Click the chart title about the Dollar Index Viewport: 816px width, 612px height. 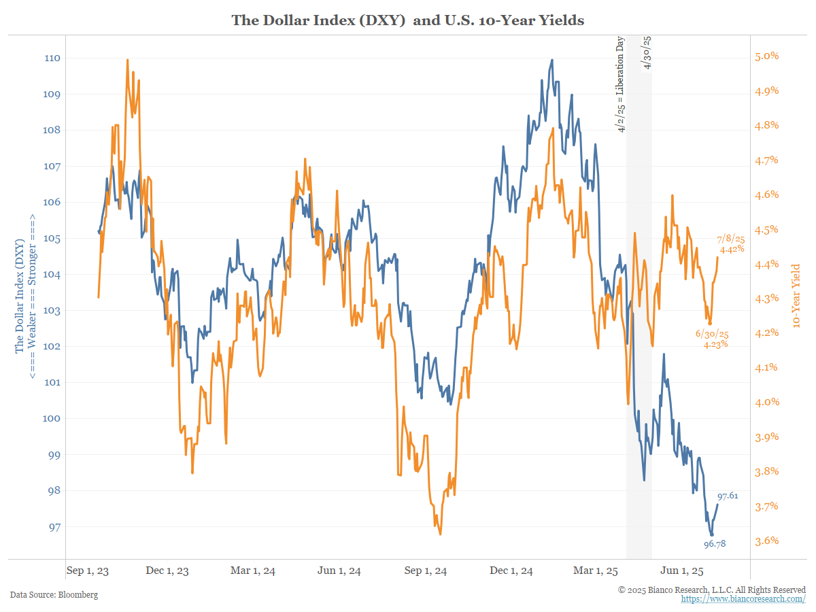408,20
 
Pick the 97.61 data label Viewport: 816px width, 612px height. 728,496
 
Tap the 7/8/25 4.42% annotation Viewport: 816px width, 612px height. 731,244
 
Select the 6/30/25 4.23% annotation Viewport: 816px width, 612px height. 711,339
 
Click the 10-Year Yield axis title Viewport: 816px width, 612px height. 796,296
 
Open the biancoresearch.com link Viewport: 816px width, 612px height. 743,599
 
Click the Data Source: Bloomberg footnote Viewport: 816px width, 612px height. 54,595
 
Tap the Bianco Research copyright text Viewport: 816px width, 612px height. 712,589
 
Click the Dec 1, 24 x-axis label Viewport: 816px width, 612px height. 511,571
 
